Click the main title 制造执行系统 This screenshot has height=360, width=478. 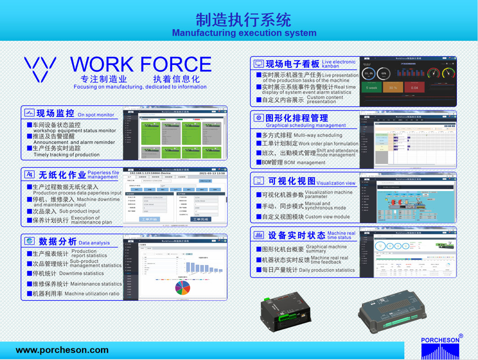243,20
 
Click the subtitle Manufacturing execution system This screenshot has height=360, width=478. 244,33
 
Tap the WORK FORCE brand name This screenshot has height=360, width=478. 140,65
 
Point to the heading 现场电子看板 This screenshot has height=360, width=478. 293,64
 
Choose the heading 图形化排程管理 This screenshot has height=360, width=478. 297,118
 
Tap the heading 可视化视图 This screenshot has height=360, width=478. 292,181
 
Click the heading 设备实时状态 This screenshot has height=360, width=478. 296,235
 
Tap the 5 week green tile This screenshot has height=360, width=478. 372,88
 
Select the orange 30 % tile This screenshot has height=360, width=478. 393,88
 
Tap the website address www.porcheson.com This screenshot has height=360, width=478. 62,350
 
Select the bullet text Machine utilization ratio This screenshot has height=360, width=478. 92,294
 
